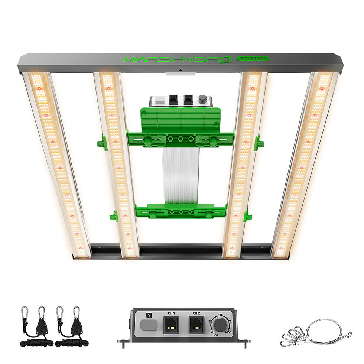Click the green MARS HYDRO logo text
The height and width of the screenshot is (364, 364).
176,59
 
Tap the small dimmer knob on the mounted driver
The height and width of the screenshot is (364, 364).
202,99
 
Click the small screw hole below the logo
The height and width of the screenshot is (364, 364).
180,69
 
